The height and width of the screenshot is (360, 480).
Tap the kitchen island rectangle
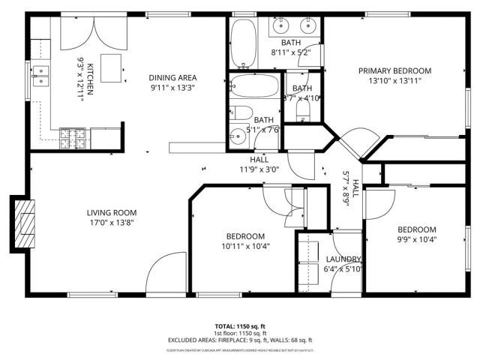coord(112,68)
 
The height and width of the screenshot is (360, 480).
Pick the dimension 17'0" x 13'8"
coord(111,223)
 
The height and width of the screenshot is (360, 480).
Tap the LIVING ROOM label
coord(111,212)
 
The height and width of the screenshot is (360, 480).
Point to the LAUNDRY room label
coord(343,259)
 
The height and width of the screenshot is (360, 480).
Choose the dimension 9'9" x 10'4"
coord(416,240)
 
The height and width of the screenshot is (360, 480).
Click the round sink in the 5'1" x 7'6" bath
coord(238,137)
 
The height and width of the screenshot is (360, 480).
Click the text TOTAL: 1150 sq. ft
coord(240,326)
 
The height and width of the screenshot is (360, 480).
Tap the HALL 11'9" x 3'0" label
coord(259,164)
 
